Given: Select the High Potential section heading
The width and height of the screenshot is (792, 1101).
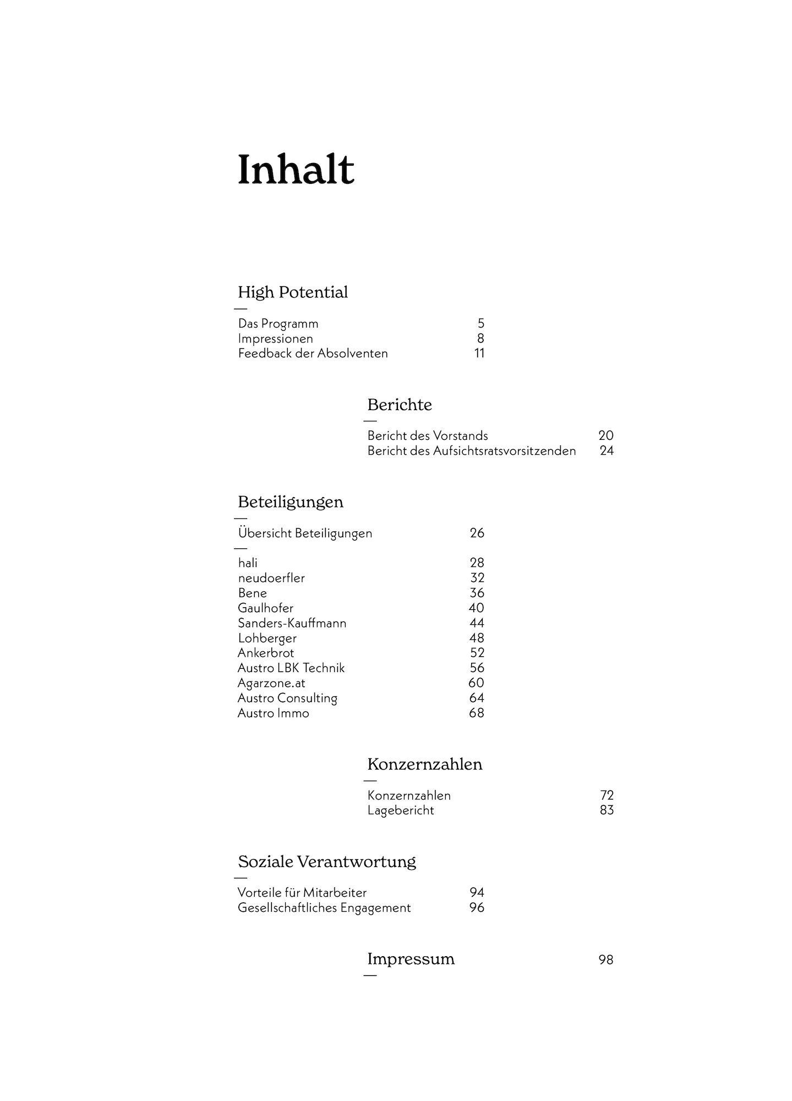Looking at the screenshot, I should pyautogui.click(x=293, y=292).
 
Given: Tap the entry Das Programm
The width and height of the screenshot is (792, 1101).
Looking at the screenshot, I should pyautogui.click(x=278, y=324).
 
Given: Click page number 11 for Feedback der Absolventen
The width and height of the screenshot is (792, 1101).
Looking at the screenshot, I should pyautogui.click(x=479, y=353).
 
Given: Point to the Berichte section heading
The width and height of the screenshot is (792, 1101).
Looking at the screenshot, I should pyautogui.click(x=400, y=405).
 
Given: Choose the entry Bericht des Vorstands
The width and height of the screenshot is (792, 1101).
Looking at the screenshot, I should pyautogui.click(x=428, y=436).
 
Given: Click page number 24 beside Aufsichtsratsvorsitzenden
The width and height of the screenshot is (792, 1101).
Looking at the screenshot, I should pyautogui.click(x=606, y=451).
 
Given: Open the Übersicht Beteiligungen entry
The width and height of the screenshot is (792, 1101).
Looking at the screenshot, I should pyautogui.click(x=305, y=533).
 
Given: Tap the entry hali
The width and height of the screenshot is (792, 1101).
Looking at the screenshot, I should pyautogui.click(x=248, y=563).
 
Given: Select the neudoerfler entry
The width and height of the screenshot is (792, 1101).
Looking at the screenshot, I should pyautogui.click(x=271, y=578).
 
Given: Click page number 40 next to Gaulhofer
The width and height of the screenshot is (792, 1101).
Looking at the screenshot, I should pyautogui.click(x=476, y=608).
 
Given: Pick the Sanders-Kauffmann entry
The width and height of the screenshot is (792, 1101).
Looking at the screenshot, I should pyautogui.click(x=292, y=623).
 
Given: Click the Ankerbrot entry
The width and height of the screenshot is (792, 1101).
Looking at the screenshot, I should pyautogui.click(x=266, y=653).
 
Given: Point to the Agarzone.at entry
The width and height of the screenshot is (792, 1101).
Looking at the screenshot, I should pyautogui.click(x=271, y=683).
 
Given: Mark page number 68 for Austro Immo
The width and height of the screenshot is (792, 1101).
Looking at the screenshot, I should pyautogui.click(x=476, y=713).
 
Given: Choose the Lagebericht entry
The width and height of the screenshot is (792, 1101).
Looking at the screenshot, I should pyautogui.click(x=401, y=811).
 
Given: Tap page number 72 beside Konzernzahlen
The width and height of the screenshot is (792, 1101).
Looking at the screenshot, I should pyautogui.click(x=607, y=795).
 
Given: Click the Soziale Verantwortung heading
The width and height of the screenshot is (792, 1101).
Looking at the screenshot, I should pyautogui.click(x=327, y=862).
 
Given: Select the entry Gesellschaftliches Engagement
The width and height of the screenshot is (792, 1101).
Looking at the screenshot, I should pyautogui.click(x=324, y=908).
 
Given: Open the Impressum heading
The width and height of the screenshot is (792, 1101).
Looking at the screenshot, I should pyautogui.click(x=411, y=959).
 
